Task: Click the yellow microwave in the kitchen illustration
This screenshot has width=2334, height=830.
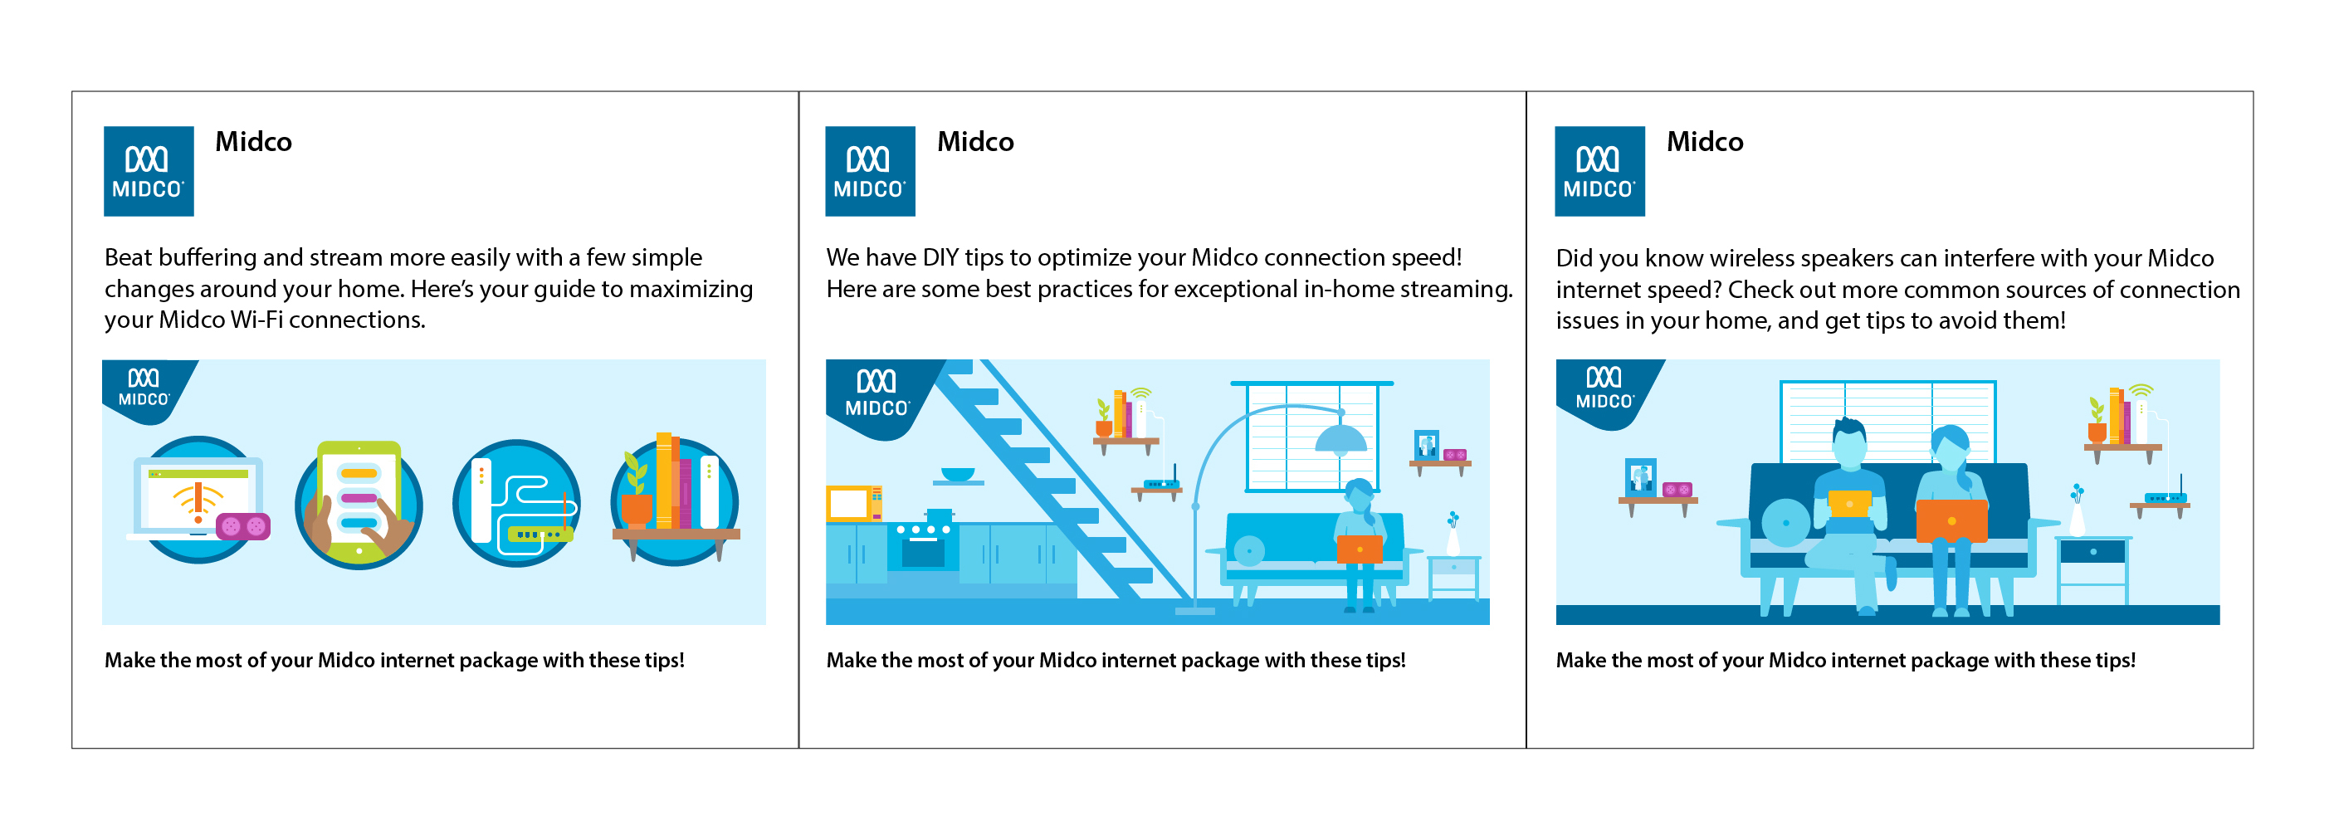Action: tap(853, 503)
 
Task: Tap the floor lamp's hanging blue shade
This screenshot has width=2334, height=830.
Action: tap(1341, 439)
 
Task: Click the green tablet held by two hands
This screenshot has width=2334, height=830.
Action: tap(359, 501)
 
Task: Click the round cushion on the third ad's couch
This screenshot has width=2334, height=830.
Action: tap(1786, 523)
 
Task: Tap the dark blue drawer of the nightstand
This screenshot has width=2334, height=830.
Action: tap(2092, 551)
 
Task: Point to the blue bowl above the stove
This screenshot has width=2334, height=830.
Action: tap(958, 474)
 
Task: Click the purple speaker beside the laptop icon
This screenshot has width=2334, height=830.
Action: tap(243, 525)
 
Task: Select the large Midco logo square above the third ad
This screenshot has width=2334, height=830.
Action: tap(1599, 171)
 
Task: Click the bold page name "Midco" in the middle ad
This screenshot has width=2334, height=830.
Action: tap(975, 141)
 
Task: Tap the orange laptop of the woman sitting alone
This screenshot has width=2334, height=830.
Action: tap(1359, 549)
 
